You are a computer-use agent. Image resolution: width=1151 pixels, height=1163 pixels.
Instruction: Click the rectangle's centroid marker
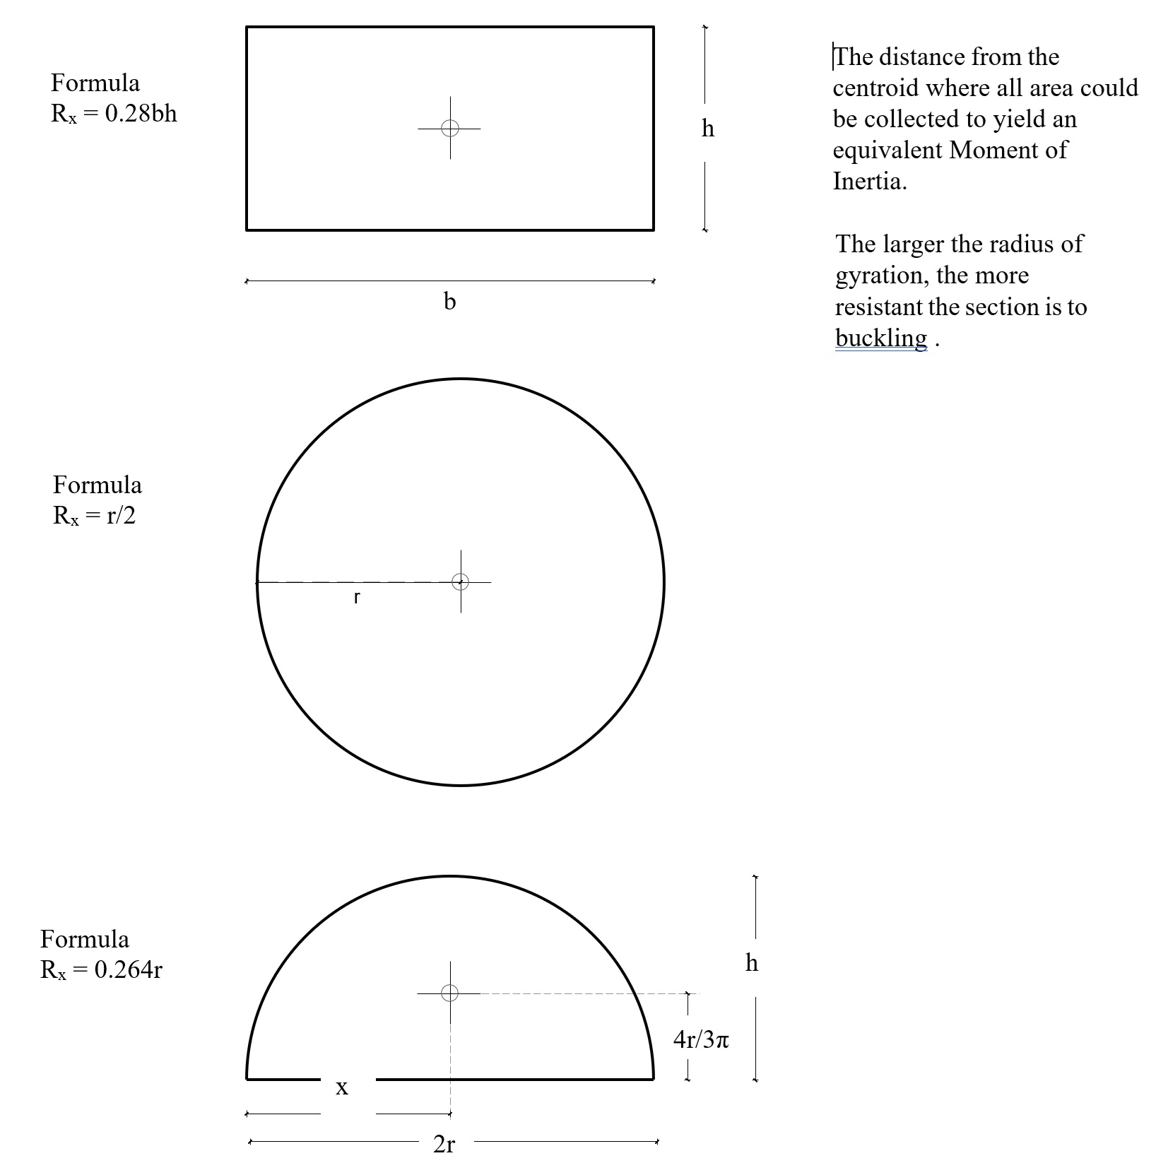pyautogui.click(x=450, y=128)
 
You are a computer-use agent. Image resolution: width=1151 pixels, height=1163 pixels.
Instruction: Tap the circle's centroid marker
pyautogui.click(x=461, y=581)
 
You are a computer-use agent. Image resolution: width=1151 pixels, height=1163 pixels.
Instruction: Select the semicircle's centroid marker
pyautogui.click(x=450, y=993)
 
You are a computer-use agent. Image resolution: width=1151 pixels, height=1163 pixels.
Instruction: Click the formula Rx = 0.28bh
pyautogui.click(x=114, y=114)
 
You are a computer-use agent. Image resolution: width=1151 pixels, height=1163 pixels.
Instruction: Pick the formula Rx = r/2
pyautogui.click(x=94, y=516)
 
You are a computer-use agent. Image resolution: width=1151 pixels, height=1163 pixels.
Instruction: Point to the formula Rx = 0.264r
pyautogui.click(x=101, y=969)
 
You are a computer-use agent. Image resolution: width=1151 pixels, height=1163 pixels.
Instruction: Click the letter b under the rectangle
pyautogui.click(x=449, y=302)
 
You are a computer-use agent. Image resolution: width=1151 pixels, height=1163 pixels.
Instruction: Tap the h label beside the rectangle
pyautogui.click(x=708, y=129)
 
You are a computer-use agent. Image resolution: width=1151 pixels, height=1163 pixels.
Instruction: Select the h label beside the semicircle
pyautogui.click(x=752, y=962)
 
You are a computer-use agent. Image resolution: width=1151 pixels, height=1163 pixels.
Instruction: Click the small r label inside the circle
pyautogui.click(x=357, y=598)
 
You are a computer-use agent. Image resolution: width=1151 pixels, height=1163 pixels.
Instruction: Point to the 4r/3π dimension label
pyautogui.click(x=701, y=1039)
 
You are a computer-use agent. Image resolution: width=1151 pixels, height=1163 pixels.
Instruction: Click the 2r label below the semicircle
pyautogui.click(x=444, y=1144)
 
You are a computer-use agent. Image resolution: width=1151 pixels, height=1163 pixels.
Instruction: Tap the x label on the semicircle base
pyautogui.click(x=342, y=1087)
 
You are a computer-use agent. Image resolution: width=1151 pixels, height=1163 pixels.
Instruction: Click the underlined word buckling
pyautogui.click(x=881, y=338)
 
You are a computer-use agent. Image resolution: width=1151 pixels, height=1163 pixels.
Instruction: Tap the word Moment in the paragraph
pyautogui.click(x=993, y=150)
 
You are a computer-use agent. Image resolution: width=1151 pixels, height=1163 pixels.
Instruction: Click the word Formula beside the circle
pyautogui.click(x=98, y=485)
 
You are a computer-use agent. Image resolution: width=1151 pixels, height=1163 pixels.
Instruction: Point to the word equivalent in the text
pyautogui.click(x=887, y=150)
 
